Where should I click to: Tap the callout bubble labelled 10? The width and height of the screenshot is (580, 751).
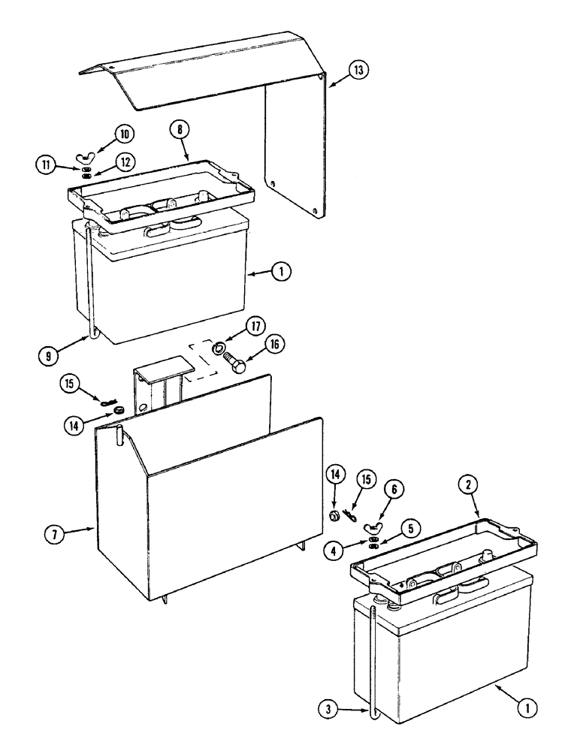(x=123, y=134)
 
